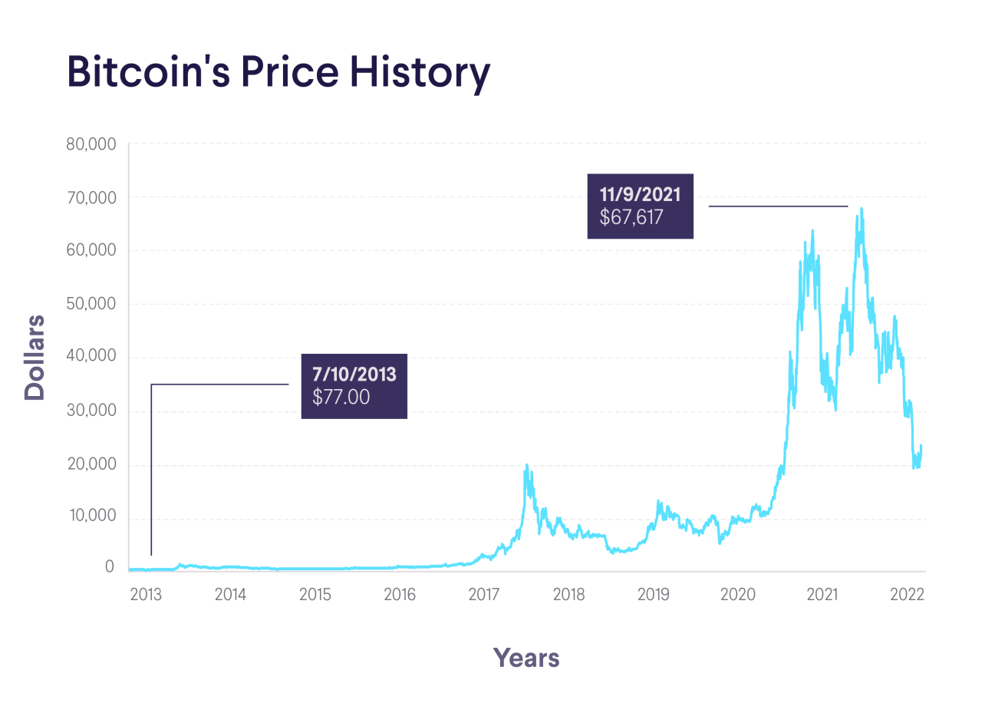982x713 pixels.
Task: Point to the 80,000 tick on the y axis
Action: tap(89, 144)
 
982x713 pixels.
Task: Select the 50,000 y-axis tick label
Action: tap(89, 303)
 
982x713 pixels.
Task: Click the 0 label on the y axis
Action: tap(109, 567)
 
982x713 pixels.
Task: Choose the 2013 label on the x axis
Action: tap(146, 594)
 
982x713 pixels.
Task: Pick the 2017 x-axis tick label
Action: tap(483, 594)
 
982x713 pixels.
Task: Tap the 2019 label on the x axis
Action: tap(653, 594)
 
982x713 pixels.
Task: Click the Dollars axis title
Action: tap(35, 357)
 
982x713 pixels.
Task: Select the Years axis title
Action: tap(526, 658)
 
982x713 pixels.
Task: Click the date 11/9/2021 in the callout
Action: tap(640, 193)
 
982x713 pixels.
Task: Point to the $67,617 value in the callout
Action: tap(631, 218)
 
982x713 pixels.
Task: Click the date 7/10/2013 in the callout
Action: tap(354, 375)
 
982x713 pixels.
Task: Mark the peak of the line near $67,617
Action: tap(862, 208)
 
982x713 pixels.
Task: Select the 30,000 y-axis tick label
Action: tap(89, 410)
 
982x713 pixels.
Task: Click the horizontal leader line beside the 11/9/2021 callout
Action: tap(778, 206)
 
